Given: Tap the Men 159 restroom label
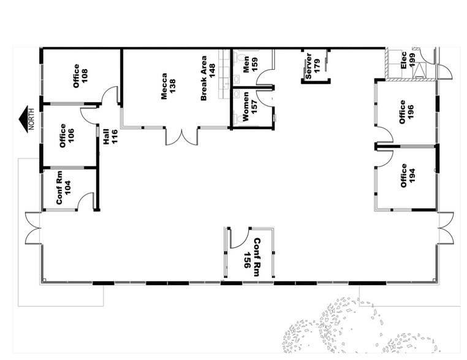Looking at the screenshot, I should [249, 64].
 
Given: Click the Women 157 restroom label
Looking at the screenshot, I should [249, 108].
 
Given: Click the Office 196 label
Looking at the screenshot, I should [407, 112].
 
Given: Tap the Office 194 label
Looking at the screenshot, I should [408, 176].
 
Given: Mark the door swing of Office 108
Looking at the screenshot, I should [110, 96].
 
